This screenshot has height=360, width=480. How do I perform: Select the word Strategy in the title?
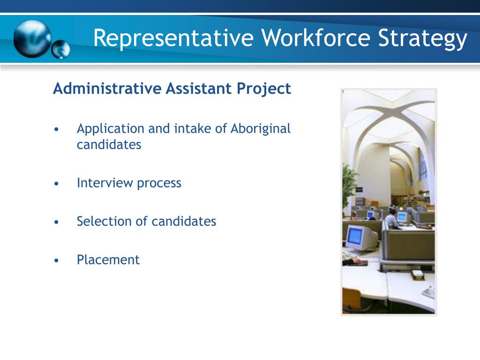[423, 38]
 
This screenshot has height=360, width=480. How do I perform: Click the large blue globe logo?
[32, 38]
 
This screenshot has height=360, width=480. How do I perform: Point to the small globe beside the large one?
[61, 50]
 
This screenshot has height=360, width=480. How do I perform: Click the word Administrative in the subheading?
[107, 89]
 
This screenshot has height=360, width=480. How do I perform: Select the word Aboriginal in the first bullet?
[261, 128]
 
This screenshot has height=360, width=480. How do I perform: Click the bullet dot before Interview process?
[57, 184]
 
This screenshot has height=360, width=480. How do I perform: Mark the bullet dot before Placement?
[57, 261]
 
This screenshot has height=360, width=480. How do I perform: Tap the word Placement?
[108, 260]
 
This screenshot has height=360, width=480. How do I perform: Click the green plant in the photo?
[349, 185]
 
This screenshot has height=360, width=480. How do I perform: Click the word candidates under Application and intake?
[109, 144]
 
